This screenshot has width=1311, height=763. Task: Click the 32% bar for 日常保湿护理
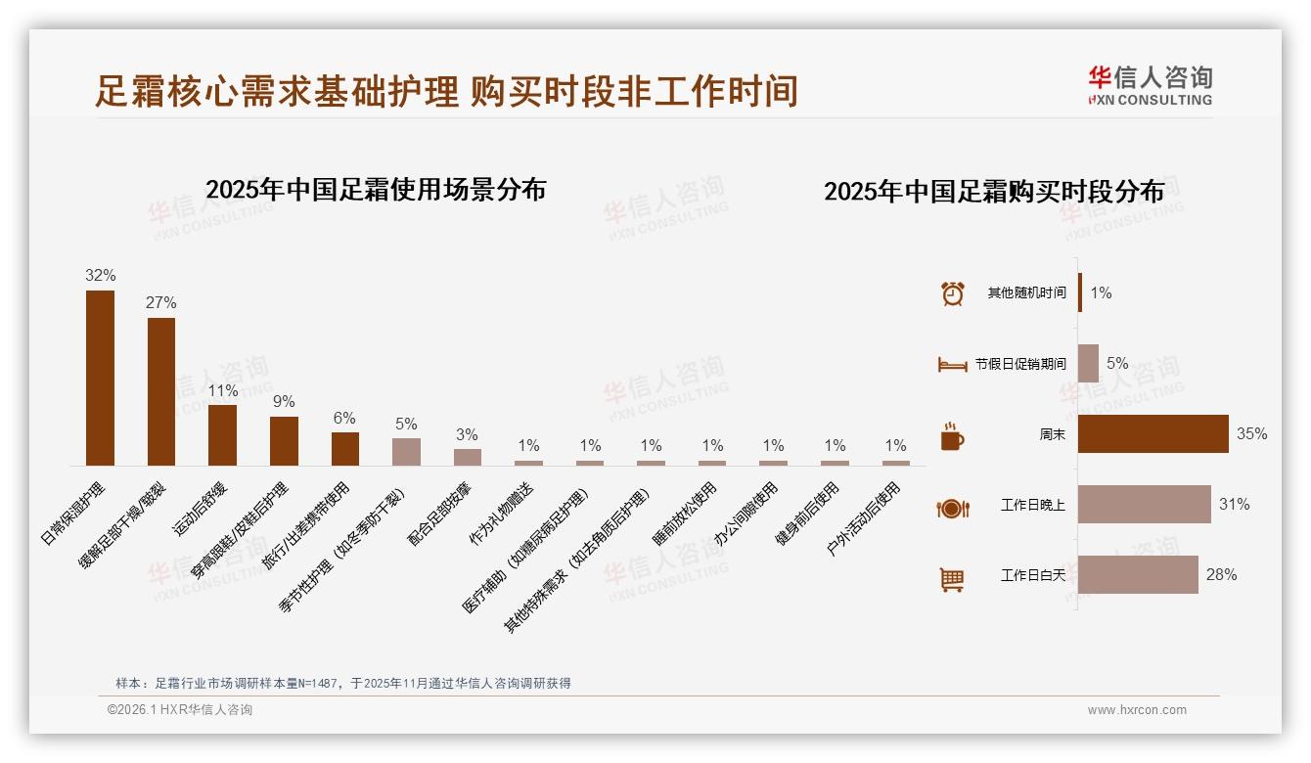[x=100, y=378]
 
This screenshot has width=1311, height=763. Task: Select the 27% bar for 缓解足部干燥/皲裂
[x=161, y=391]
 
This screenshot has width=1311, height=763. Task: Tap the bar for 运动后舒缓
[x=222, y=434]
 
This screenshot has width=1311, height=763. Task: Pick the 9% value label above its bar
[x=284, y=402]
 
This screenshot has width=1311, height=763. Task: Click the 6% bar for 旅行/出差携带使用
[x=345, y=448]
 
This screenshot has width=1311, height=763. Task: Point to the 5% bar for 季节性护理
[x=406, y=451]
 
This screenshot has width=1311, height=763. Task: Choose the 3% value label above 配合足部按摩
[x=468, y=434]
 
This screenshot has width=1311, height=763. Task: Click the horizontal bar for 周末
[x=1153, y=434]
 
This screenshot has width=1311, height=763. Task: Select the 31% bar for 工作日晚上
[x=1144, y=505]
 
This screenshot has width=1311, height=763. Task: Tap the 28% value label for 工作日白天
[x=1221, y=575]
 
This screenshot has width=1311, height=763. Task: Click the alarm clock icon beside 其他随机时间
[x=952, y=293]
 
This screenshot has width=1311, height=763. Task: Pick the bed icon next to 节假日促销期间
[x=952, y=364]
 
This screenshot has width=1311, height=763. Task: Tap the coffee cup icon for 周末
[x=952, y=435]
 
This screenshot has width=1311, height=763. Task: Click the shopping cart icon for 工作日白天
[x=952, y=579]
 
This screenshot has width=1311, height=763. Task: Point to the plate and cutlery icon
[x=952, y=508]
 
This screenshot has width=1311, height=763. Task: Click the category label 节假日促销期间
[x=1020, y=364]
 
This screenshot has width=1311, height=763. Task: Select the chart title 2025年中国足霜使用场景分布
[x=376, y=190]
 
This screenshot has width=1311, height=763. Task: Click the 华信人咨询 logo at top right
[x=1150, y=85]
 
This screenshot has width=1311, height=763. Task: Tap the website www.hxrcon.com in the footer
[x=1137, y=710]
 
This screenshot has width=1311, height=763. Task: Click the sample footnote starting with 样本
[x=342, y=684]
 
